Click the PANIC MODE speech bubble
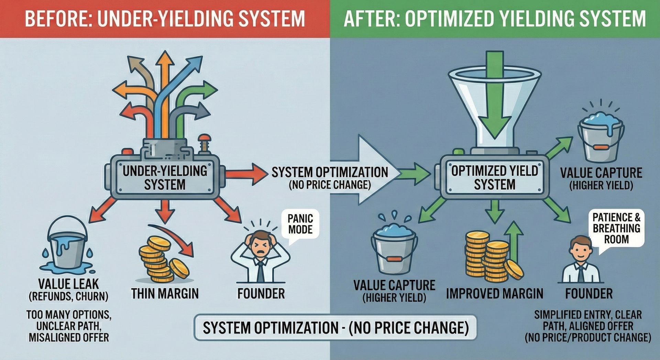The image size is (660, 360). (300, 224)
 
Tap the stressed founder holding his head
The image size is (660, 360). (260, 256)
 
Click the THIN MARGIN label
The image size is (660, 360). (165, 293)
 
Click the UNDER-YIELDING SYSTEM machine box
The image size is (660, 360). (165, 178)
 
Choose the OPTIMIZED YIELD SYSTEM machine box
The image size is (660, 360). (495, 178)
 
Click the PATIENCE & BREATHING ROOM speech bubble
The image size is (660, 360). (616, 228)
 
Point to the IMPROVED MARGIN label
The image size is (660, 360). (494, 293)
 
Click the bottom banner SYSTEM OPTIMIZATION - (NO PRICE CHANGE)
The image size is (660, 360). (335, 328)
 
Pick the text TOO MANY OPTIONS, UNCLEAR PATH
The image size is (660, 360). (69, 320)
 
